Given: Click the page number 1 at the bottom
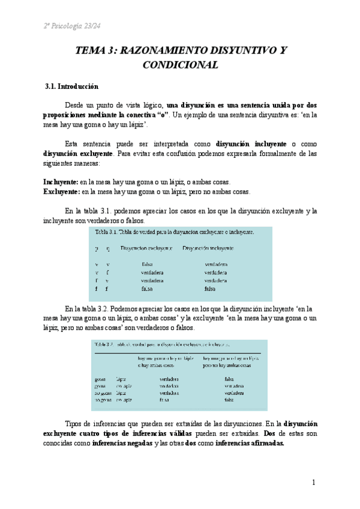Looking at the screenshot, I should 313,482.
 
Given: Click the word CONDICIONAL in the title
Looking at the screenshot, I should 180,65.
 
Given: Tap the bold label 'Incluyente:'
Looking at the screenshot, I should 61,182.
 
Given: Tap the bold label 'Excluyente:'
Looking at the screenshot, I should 61,192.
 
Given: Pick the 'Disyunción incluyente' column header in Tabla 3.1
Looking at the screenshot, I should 208,247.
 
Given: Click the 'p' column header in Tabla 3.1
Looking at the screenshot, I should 96,247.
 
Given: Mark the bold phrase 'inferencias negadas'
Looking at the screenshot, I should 122,444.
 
